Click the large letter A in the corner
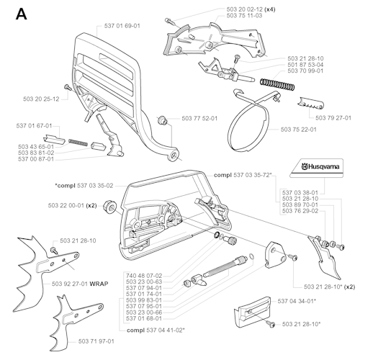click(21, 14)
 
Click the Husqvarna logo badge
click(317, 168)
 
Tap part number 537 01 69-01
click(122, 26)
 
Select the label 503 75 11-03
click(244, 16)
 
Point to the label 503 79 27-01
click(333, 118)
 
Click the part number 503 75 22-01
click(299, 130)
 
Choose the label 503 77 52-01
click(199, 118)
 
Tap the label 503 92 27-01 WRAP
click(80, 284)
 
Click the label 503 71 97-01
click(96, 341)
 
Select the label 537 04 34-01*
click(297, 301)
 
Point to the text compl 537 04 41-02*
click(156, 330)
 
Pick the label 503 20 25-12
click(41, 99)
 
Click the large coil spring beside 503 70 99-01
click(277, 84)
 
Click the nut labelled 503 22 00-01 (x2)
click(109, 207)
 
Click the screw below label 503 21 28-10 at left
click(54, 251)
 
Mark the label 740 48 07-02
click(144, 276)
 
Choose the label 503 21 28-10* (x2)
click(329, 287)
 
